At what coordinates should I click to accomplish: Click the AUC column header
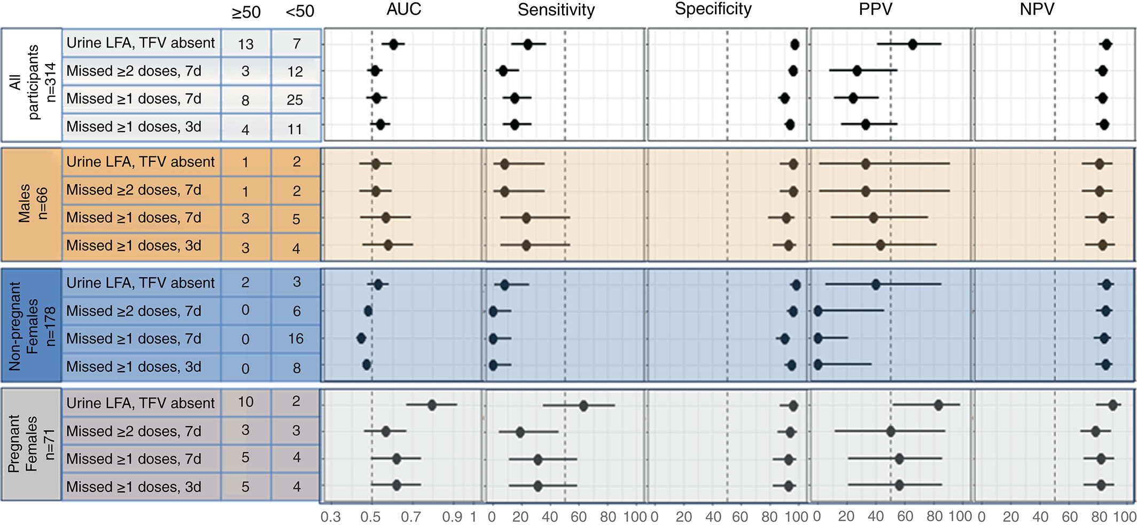(404, 9)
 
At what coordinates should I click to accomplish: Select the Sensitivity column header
(556, 10)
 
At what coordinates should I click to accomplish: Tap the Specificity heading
(713, 10)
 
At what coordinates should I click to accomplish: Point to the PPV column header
(875, 10)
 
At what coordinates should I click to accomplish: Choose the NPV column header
(1037, 10)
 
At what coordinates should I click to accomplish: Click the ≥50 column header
(246, 12)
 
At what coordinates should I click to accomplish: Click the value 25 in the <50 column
(295, 100)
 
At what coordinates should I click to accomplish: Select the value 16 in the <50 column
(295, 339)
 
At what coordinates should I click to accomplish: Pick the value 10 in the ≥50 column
(245, 402)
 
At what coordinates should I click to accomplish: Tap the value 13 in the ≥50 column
(245, 44)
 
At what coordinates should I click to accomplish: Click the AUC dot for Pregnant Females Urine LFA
(432, 405)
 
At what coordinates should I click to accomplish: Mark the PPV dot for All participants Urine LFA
(913, 44)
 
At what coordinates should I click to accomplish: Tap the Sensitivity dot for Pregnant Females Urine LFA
(583, 406)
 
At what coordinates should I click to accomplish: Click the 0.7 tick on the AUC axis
(411, 517)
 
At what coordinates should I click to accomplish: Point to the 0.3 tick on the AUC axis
(331, 517)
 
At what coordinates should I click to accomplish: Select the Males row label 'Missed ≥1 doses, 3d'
(134, 246)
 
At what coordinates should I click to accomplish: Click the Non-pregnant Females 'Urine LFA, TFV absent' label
(141, 283)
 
